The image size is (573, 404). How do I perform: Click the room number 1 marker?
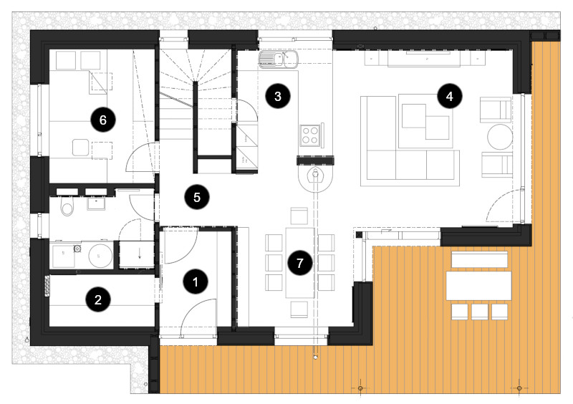pos(195,282)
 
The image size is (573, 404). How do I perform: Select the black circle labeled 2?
pos(98,299)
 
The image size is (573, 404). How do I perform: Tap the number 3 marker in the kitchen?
pos(278,96)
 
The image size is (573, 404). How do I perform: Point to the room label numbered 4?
pos(450,96)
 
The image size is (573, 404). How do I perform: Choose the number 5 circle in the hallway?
pos(197,197)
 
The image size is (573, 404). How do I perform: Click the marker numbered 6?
pos(102,120)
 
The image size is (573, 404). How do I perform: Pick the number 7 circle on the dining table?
pos(299,263)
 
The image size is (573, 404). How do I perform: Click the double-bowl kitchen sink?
pos(279,59)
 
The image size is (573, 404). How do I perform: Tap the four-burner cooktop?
pos(310,135)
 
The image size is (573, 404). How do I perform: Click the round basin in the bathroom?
pos(100,256)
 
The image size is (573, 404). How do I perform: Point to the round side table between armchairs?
pos(500,137)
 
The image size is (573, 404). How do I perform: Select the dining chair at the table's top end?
pos(299,216)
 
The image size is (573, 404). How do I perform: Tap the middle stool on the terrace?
pos(479,312)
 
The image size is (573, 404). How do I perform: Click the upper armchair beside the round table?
pos(496,110)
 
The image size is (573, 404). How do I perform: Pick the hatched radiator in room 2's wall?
pos(47,287)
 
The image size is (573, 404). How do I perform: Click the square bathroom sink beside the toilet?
pos(96,203)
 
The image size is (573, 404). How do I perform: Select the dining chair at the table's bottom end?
pos(299,309)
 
